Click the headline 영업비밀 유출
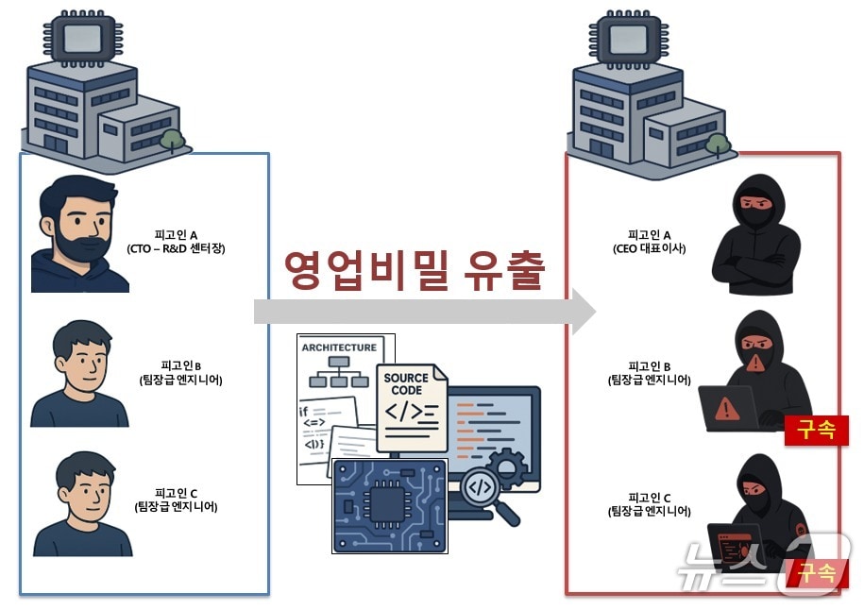[415, 270]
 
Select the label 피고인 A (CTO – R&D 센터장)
[176, 242]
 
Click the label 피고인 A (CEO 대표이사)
[649, 242]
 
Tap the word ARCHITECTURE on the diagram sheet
[339, 347]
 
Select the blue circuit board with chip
[389, 505]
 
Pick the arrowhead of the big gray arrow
[581, 312]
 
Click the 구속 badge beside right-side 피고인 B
[816, 430]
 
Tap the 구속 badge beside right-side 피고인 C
[818, 572]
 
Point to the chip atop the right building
[627, 39]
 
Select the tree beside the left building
[173, 140]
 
